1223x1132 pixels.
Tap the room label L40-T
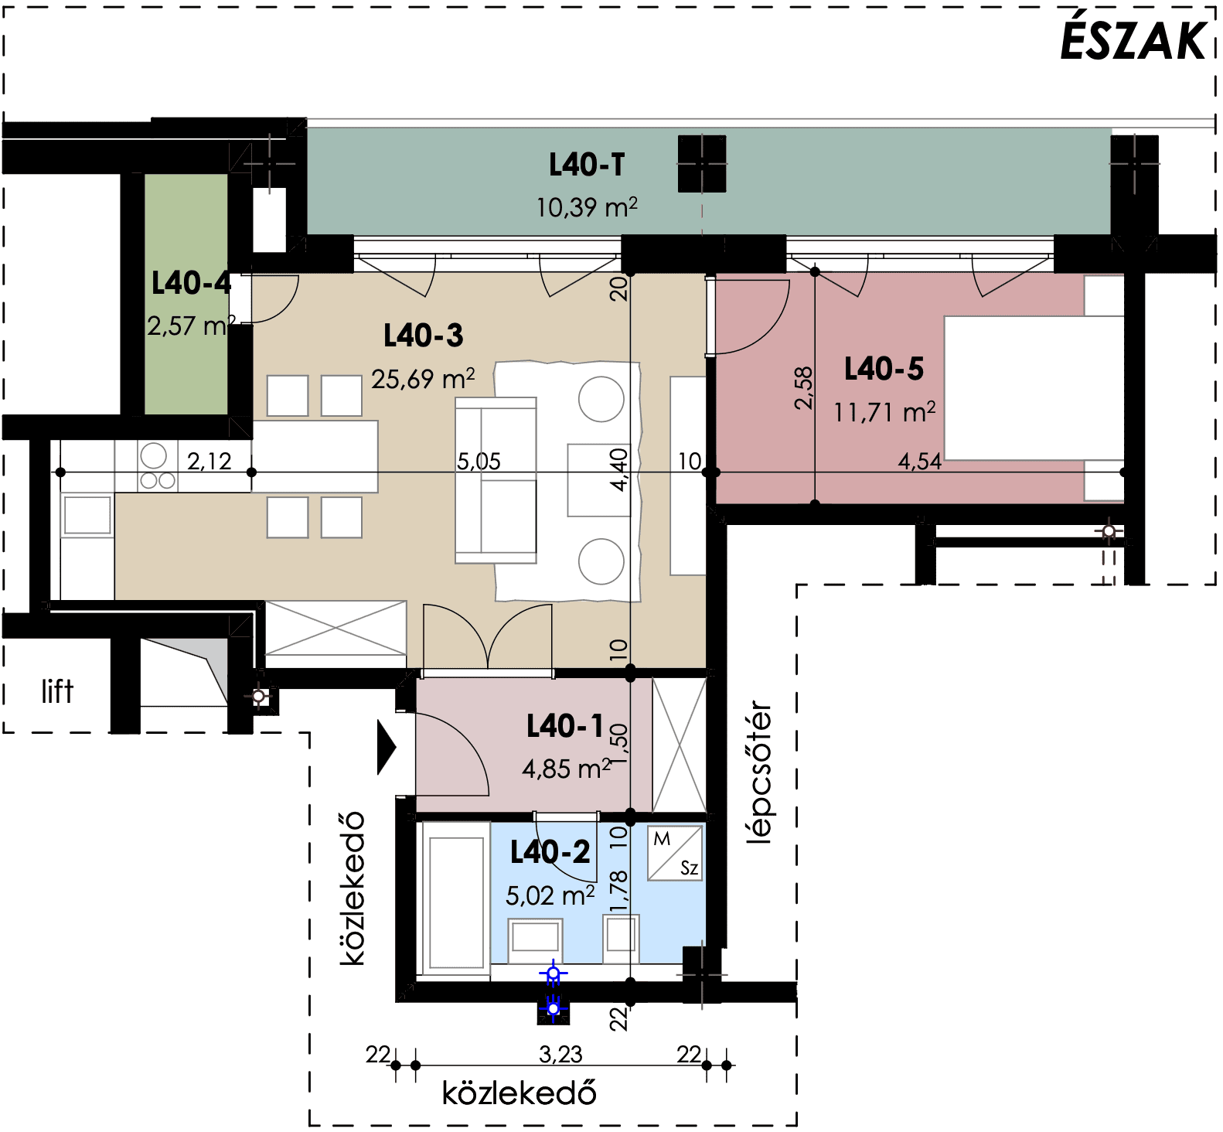click(x=587, y=165)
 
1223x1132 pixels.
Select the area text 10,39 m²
click(x=587, y=207)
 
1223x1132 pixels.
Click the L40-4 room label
click(x=191, y=283)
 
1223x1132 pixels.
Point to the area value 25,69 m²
click(x=423, y=379)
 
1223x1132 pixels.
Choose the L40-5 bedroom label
click(x=884, y=369)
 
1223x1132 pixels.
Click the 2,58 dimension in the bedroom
click(x=804, y=387)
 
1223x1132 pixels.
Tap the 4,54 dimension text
click(x=920, y=462)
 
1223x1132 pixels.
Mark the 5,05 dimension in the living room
click(x=479, y=462)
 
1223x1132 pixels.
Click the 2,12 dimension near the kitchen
click(x=209, y=462)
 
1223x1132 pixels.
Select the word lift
click(x=58, y=691)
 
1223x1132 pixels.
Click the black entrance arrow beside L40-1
click(x=387, y=747)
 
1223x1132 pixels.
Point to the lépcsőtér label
click(x=760, y=772)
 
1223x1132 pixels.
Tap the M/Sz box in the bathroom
click(x=675, y=853)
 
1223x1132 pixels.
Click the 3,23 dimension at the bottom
click(x=560, y=1054)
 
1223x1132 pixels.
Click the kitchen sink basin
click(x=87, y=514)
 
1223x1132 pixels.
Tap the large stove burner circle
click(x=153, y=455)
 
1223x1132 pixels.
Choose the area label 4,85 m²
click(x=567, y=769)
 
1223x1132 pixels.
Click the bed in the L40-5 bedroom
click(x=1034, y=388)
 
